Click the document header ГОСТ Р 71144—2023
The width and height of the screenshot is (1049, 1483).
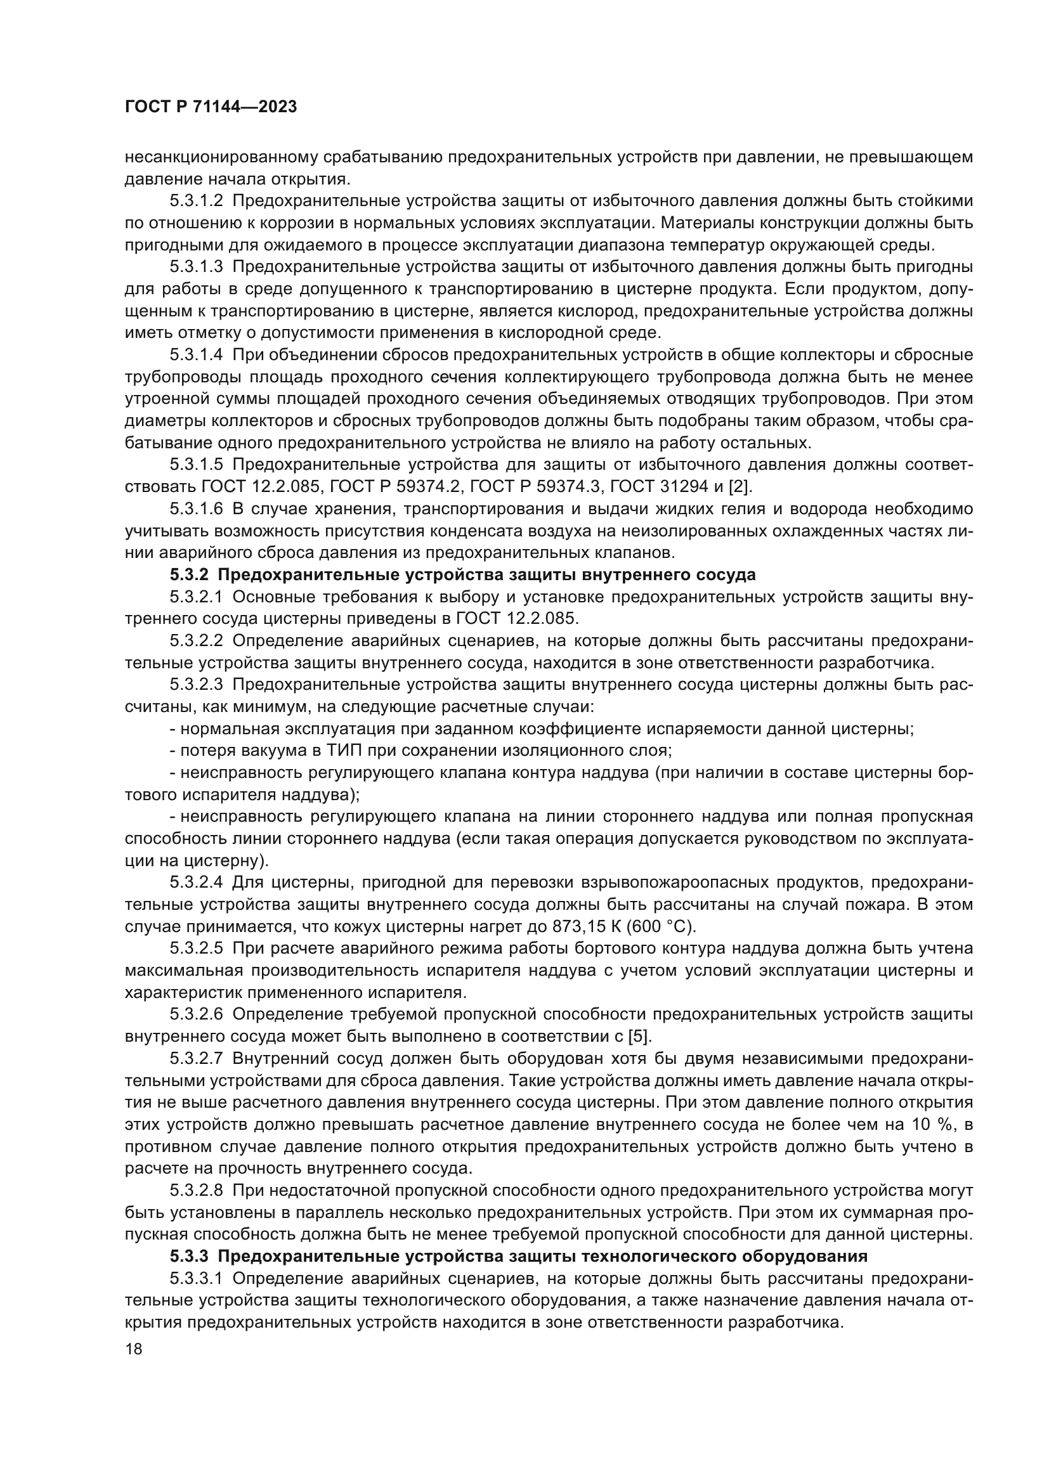pyautogui.click(x=211, y=107)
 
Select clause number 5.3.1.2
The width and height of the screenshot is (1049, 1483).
pyautogui.click(x=197, y=201)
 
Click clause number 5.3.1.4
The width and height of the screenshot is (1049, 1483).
pyautogui.click(x=197, y=354)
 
